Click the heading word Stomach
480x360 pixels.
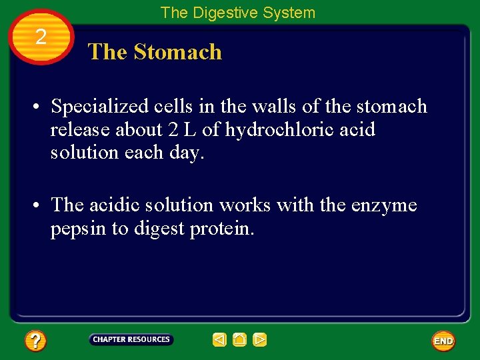[x=178, y=52]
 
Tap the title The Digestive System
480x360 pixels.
[x=237, y=13]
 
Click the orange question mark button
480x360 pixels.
[x=35, y=341]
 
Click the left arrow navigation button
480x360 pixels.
[x=219, y=340]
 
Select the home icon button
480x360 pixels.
[x=240, y=340]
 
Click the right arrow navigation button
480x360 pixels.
[x=260, y=340]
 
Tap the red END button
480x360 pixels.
[x=443, y=341]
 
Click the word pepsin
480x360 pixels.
[x=73, y=229]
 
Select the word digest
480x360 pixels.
[x=161, y=229]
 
